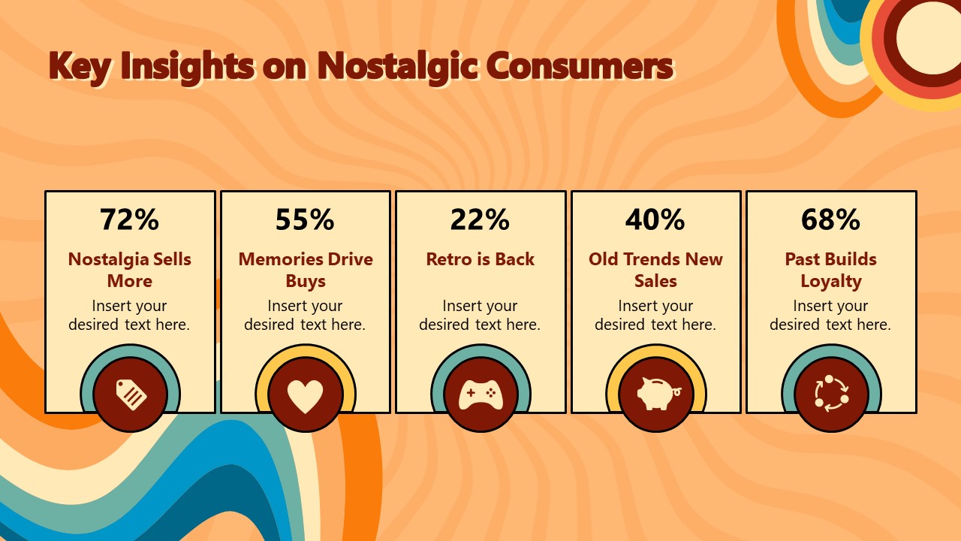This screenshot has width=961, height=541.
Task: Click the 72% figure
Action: (130, 219)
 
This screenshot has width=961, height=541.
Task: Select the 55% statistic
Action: (305, 219)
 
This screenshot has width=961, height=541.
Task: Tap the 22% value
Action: (480, 219)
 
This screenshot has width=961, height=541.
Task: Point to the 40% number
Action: (655, 219)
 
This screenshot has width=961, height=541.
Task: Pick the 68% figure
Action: (830, 219)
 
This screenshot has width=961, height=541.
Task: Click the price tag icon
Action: (130, 394)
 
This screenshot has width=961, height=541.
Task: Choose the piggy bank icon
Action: (656, 394)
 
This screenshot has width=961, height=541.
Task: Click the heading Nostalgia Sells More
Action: (130, 270)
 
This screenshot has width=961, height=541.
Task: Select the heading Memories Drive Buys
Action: (306, 270)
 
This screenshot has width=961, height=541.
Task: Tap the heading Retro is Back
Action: (480, 259)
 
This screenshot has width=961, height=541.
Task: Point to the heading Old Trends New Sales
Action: (655, 270)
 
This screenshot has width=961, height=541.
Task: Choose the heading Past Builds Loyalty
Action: (830, 270)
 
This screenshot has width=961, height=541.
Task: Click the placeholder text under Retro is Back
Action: (480, 315)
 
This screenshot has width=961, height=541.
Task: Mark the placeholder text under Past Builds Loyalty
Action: (830, 315)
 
